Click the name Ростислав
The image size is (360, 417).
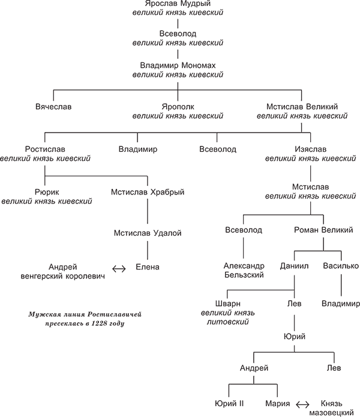pos(46,149)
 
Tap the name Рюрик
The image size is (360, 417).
pos(46,192)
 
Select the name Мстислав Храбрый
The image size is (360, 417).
pos(147,192)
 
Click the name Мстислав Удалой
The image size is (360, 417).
pos(147,233)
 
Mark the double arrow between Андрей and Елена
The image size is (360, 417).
pos(119,268)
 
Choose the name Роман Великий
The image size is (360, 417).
pos(323,230)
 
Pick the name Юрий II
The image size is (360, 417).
pos(229,402)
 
